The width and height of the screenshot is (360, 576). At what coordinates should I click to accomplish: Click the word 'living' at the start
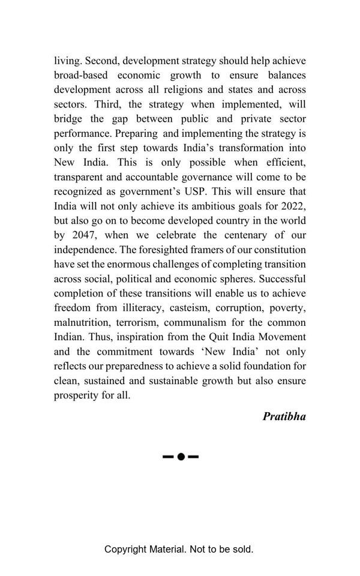[x=67, y=61]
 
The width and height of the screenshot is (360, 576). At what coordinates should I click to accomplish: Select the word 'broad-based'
[x=82, y=76]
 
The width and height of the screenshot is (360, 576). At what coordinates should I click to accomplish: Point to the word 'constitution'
[x=277, y=250]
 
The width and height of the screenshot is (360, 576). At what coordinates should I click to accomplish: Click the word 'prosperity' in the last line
[x=77, y=395]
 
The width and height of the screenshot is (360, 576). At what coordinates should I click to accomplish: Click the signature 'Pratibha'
[x=284, y=416]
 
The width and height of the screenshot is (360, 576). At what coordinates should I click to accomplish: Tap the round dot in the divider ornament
[x=181, y=457]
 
